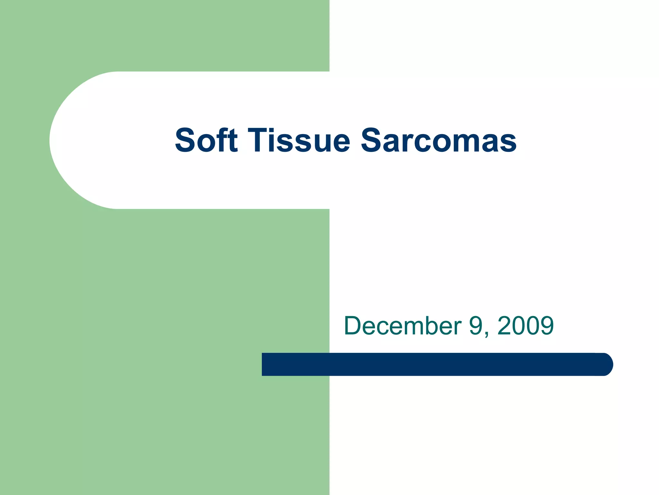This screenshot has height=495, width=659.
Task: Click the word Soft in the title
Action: [206, 140]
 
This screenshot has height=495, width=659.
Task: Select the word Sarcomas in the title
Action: [439, 140]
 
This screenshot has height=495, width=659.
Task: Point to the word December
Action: [403, 326]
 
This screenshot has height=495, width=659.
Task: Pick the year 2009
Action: [525, 326]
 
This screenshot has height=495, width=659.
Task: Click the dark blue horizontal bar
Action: [434, 364]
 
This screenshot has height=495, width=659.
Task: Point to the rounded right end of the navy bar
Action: [607, 364]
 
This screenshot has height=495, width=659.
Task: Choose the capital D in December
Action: [354, 326]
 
